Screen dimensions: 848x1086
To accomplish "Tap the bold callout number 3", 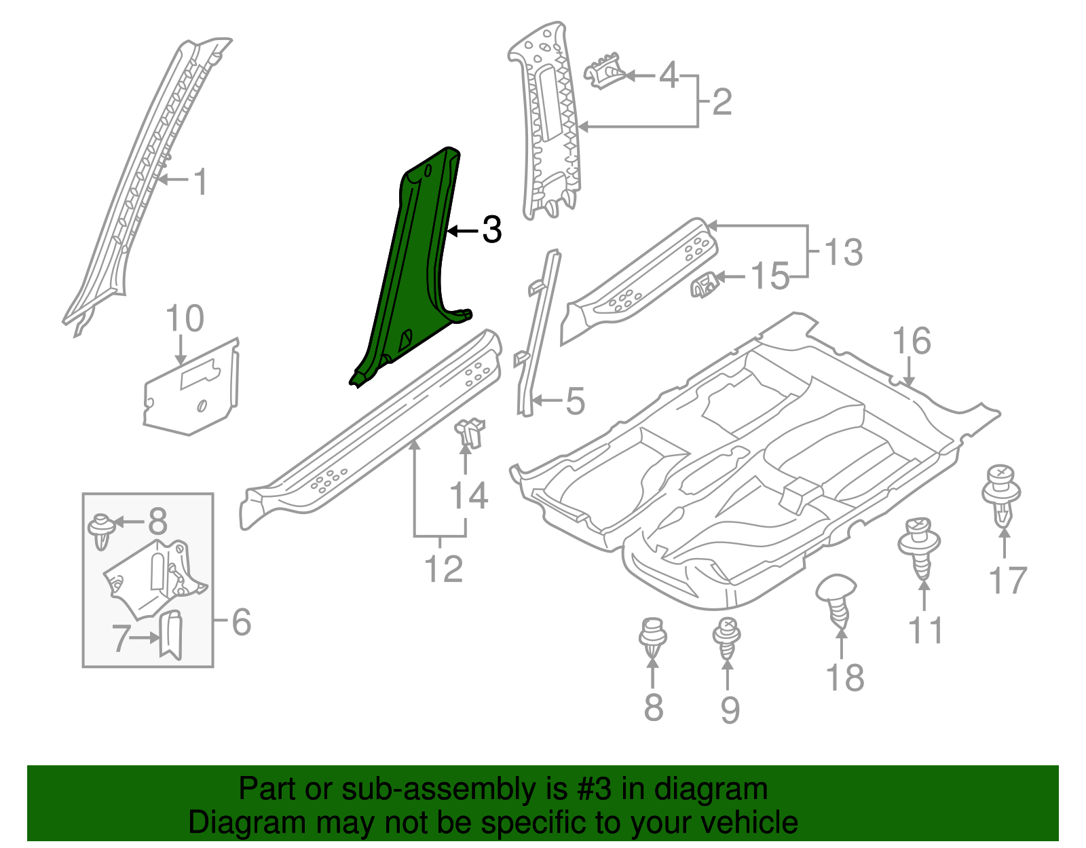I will [491, 231].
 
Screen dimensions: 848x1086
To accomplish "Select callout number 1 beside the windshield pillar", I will [200, 183].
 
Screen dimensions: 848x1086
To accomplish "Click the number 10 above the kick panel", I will [185, 318].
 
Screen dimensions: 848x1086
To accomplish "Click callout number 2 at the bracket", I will [722, 102].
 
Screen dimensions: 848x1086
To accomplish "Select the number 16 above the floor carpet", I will [912, 341].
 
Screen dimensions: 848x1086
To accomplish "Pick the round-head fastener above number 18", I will [837, 597].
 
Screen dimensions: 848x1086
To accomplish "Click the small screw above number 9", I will [727, 638].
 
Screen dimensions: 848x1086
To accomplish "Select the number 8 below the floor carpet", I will [653, 707].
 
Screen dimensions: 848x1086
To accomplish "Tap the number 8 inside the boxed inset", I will [157, 522].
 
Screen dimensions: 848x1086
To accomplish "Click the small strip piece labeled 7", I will [171, 634].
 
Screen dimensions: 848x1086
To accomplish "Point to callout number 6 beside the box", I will [242, 622].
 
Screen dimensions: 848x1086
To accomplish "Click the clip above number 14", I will [469, 433].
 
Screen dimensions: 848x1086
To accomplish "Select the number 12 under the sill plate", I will [444, 569].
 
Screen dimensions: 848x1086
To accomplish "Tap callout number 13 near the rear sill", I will [844, 252].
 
